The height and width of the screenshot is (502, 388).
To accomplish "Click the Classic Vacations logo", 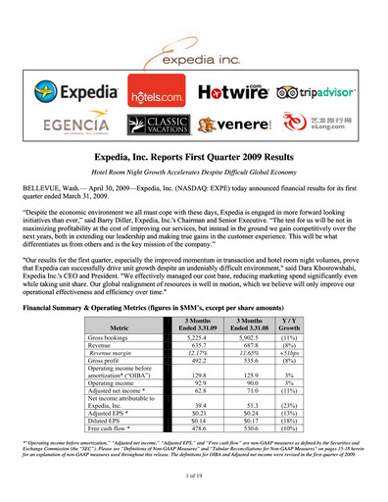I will click(x=160, y=125).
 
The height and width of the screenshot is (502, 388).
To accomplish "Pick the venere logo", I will click(x=235, y=125).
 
